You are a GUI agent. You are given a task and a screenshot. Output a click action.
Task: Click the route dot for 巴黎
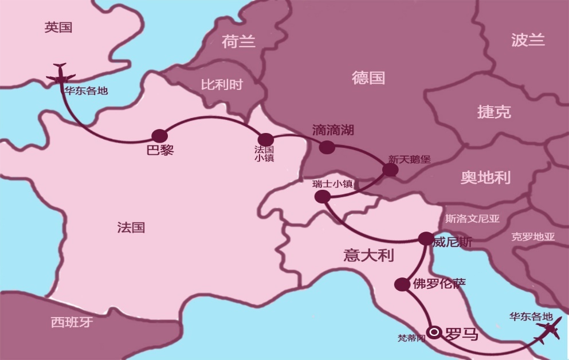[159, 136]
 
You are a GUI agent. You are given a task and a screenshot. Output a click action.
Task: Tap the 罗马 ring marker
[434, 332]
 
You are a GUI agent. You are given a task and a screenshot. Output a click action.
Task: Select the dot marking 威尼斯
[426, 238]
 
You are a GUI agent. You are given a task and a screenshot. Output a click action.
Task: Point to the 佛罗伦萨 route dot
[402, 284]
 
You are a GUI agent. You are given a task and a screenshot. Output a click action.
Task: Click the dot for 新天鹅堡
[390, 170]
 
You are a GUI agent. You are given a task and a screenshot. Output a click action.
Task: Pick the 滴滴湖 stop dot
[327, 147]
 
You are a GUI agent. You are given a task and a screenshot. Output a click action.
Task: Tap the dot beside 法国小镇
[266, 139]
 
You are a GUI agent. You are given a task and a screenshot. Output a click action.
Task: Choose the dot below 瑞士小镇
[323, 197]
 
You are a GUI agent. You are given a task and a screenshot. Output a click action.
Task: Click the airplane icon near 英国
[60, 75]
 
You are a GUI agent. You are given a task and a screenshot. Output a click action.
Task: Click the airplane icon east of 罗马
[547, 331]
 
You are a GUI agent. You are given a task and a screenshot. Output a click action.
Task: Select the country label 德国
[368, 78]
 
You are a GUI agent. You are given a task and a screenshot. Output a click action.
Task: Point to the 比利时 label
[222, 85]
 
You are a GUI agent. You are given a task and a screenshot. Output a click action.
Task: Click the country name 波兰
[528, 40]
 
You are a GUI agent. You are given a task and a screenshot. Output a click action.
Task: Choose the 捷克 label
[494, 112]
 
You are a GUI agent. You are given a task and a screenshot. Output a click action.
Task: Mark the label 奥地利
[485, 177]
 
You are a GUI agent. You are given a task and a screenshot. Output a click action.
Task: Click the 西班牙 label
[72, 322]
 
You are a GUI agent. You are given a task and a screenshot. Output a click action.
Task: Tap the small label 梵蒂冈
[411, 338]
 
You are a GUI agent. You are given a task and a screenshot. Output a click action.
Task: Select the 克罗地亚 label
[533, 236]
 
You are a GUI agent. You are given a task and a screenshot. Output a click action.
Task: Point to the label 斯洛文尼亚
[472, 218]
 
